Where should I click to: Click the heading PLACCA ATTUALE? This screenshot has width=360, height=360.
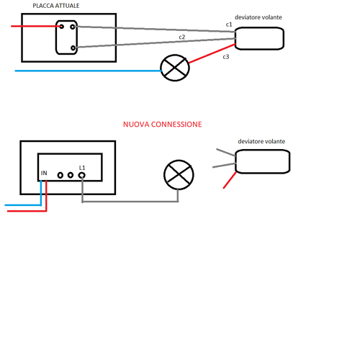(x=57, y=6)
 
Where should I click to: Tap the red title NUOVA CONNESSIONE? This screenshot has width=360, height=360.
(x=162, y=125)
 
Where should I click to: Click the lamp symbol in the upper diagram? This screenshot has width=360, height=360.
(x=174, y=69)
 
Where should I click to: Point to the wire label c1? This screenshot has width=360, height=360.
(x=229, y=24)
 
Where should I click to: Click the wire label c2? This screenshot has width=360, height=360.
(x=183, y=36)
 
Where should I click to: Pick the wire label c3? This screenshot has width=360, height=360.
(x=225, y=56)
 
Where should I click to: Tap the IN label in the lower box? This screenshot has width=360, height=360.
(x=45, y=174)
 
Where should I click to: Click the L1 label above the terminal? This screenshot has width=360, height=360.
(x=82, y=167)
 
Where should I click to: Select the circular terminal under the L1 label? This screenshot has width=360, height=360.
(x=82, y=174)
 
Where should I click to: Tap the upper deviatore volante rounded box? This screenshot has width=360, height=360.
(x=259, y=39)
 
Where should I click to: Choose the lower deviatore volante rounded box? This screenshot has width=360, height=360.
(x=263, y=161)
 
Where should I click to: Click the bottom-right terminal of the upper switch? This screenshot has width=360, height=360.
(x=72, y=48)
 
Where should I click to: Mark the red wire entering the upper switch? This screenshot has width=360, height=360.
(x=32, y=27)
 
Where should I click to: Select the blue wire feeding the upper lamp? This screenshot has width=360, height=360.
(x=86, y=71)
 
